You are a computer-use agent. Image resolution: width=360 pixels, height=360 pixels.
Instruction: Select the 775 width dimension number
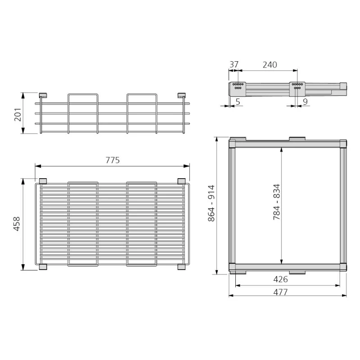(112, 160)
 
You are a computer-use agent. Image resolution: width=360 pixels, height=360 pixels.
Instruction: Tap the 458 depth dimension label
(17, 224)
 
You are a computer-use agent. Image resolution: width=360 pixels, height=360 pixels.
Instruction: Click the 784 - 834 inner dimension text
(276, 202)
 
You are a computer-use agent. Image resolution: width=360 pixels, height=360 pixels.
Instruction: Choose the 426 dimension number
(280, 279)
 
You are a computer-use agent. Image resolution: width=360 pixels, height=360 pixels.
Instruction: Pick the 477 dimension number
(280, 292)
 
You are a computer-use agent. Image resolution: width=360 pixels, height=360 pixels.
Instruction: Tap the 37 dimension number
(234, 65)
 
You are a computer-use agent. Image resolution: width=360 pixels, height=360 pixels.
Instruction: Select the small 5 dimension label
(237, 102)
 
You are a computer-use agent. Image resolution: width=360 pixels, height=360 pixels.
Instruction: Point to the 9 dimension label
(305, 102)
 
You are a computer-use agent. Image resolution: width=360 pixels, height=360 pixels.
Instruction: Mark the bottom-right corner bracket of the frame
(343, 266)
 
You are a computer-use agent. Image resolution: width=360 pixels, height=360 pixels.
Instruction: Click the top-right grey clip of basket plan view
(181, 181)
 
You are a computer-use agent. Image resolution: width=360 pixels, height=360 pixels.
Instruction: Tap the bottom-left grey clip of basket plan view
(43, 267)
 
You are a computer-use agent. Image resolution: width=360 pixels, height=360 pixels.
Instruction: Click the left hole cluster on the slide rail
(238, 86)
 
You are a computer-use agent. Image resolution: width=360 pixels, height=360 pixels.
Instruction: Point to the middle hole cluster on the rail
(297, 86)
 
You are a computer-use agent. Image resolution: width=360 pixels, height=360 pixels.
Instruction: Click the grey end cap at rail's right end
(343, 85)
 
